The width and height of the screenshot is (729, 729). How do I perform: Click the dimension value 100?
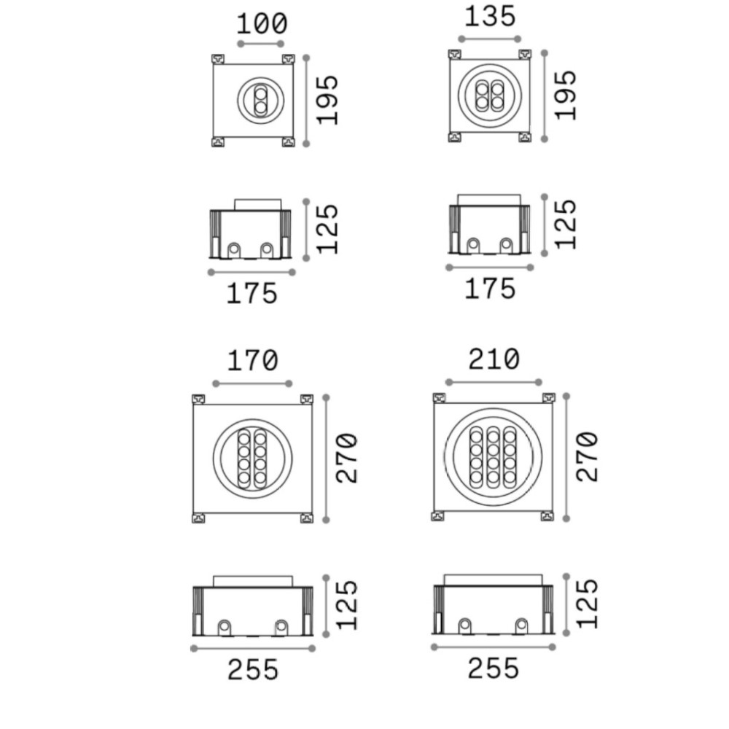pos(262,24)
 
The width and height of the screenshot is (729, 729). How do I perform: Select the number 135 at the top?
pos(490,17)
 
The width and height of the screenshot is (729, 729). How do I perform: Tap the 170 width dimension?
pos(252,361)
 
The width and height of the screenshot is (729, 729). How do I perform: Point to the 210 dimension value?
pos(494,359)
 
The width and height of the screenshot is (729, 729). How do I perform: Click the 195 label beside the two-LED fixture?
pos(327,100)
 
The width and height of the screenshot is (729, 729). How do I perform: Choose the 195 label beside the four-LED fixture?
pos(566,95)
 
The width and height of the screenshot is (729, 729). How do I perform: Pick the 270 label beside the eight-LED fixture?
pos(347,459)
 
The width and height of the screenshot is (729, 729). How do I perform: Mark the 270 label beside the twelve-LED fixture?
pos(587,456)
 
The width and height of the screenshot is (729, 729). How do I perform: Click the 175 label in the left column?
pos(252,294)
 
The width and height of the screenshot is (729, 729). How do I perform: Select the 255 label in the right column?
pos(493,668)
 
